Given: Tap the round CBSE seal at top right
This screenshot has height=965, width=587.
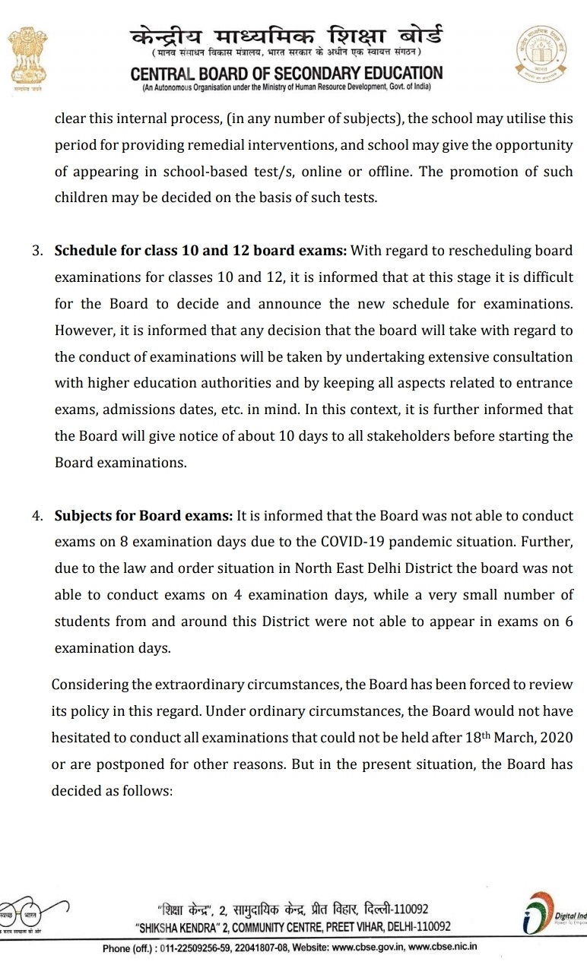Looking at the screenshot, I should click(x=542, y=52).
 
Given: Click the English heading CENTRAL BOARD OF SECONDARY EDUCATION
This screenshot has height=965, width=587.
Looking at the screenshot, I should click(x=287, y=74).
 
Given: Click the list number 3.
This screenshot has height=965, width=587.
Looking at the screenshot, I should click(x=37, y=251).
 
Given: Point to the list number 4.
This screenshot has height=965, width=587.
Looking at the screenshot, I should click(x=37, y=516).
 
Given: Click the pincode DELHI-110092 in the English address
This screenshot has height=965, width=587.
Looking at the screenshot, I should click(x=410, y=927).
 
